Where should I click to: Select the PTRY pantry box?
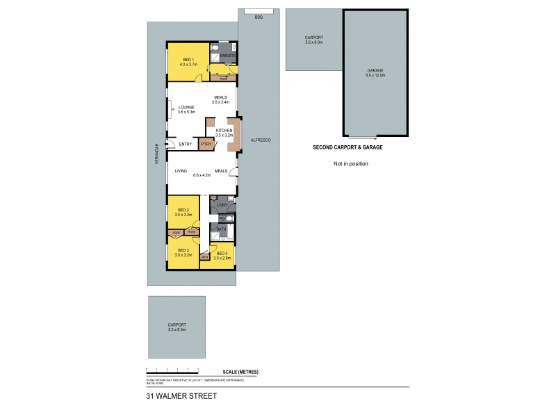(x=206, y=144)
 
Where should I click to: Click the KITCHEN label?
(x=223, y=131)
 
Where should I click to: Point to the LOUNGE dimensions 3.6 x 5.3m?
(x=186, y=112)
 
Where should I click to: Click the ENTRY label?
(x=186, y=144)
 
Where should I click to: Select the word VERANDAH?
(x=157, y=153)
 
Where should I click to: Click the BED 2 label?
(x=183, y=210)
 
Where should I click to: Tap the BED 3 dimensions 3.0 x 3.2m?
(x=183, y=255)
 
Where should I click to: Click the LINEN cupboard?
(x=205, y=257)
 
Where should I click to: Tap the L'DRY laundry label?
(x=222, y=205)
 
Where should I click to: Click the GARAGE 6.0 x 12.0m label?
(x=375, y=72)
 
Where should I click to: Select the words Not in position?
(x=350, y=163)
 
